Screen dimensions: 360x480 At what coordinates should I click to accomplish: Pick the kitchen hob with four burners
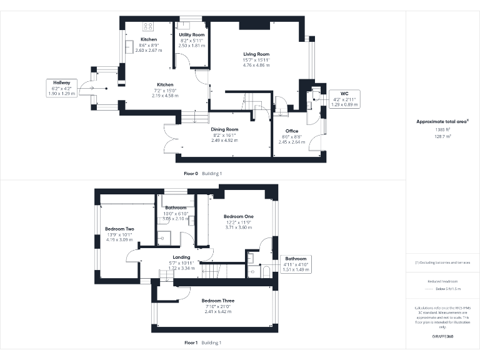click(149, 26)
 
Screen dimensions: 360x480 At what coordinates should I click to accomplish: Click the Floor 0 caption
click(191, 173)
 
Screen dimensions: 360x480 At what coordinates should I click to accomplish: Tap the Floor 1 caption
click(191, 342)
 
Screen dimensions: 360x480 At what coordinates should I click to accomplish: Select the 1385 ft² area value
click(442, 129)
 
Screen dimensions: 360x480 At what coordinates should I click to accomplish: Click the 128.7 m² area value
click(442, 135)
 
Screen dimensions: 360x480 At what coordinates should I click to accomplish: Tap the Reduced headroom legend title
click(442, 281)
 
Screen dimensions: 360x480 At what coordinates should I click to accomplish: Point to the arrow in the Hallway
click(92, 88)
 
